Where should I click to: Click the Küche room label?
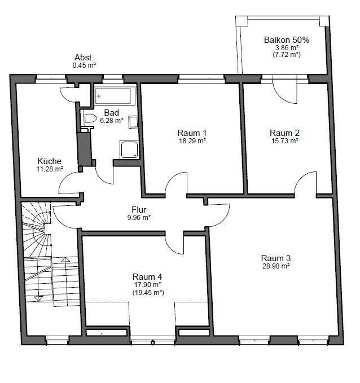49,161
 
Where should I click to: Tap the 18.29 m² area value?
192,141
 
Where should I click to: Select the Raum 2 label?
284,133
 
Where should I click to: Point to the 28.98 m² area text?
276,266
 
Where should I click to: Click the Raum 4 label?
147,277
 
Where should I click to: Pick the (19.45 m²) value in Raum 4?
148,292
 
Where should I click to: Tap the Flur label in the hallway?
139,210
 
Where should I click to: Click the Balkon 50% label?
287,40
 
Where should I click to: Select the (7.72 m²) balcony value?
287,55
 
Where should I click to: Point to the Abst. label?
84,58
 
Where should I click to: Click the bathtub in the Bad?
113,96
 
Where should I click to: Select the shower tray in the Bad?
129,149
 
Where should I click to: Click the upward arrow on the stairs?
65,259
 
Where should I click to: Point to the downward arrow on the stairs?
38,298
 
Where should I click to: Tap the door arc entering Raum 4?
172,247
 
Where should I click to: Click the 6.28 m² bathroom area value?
112,120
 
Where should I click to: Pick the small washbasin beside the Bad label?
133,122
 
